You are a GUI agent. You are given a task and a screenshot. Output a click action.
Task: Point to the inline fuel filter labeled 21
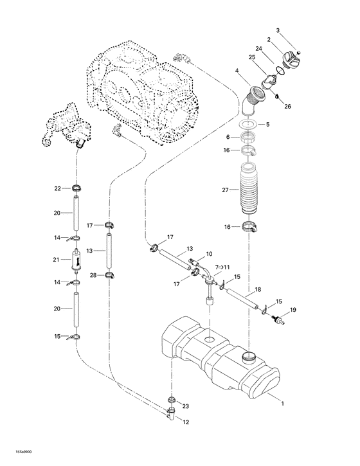point(76,260)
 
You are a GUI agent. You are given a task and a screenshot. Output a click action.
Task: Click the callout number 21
point(58,260)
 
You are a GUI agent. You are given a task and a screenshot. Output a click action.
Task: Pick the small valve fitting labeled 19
point(280,318)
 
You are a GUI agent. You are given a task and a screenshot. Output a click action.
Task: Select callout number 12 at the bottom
point(186,422)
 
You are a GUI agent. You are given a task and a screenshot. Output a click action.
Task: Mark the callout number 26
point(288,107)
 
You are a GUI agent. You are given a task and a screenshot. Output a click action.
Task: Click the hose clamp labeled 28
point(109,275)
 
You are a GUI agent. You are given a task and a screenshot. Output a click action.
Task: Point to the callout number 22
point(57,188)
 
